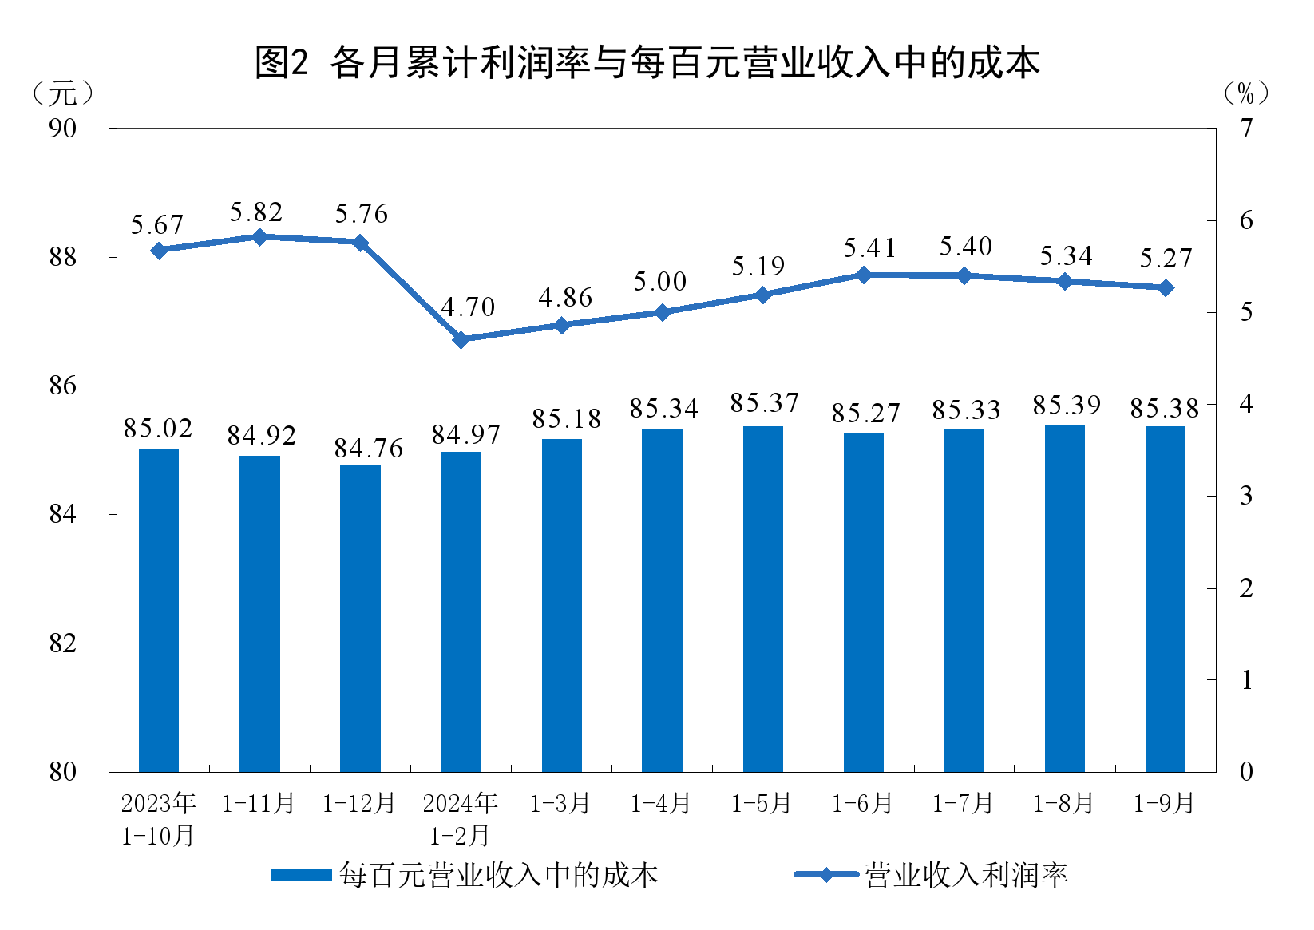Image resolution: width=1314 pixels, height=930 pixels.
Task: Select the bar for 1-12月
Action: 360,619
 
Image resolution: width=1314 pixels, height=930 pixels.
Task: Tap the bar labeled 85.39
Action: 1064,599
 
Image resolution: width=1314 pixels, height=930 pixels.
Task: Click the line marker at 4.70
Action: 461,339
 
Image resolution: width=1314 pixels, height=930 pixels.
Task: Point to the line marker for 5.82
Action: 259,237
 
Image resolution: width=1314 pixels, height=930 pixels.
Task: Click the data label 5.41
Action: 869,248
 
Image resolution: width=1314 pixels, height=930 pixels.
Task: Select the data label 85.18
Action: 566,418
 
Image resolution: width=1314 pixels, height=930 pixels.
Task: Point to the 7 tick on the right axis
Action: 1246,128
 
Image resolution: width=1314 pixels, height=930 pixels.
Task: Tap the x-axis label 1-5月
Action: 762,803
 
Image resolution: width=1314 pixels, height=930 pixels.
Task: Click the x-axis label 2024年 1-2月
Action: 460,819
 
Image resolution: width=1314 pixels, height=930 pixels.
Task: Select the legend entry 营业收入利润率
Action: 931,875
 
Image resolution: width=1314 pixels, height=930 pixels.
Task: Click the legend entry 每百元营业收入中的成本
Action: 465,875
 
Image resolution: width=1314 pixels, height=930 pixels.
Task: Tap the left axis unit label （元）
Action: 63,94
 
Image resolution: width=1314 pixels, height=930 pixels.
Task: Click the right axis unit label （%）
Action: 1245,94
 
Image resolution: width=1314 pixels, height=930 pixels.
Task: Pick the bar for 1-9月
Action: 1165,599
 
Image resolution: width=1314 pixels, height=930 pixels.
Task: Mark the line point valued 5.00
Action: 662,312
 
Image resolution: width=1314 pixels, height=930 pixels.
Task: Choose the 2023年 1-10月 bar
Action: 159,611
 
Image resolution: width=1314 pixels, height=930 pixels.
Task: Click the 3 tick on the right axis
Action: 1246,496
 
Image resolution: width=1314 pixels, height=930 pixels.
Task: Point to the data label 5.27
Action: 1165,259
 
